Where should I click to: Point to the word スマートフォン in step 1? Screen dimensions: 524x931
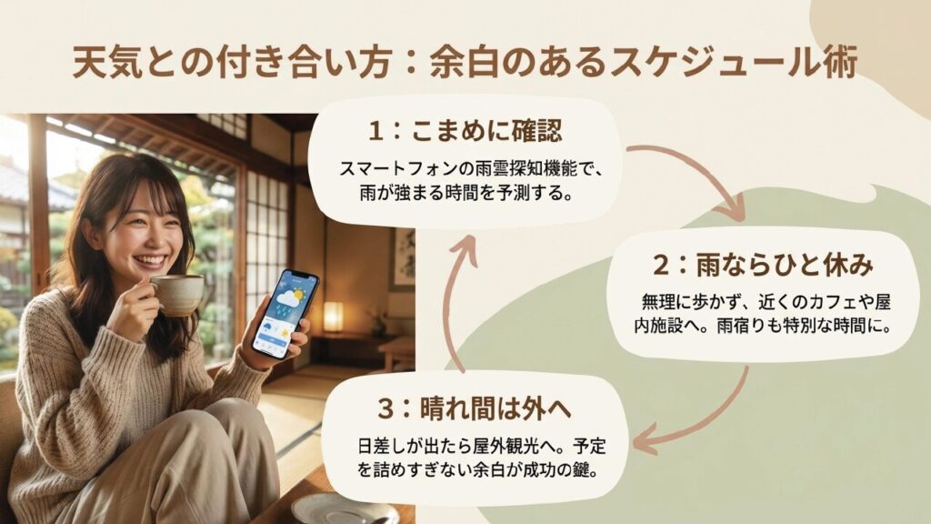[x=376, y=169]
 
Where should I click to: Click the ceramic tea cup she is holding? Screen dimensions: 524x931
[x=177, y=293]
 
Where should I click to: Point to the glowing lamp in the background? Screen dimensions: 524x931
[x=334, y=317]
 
